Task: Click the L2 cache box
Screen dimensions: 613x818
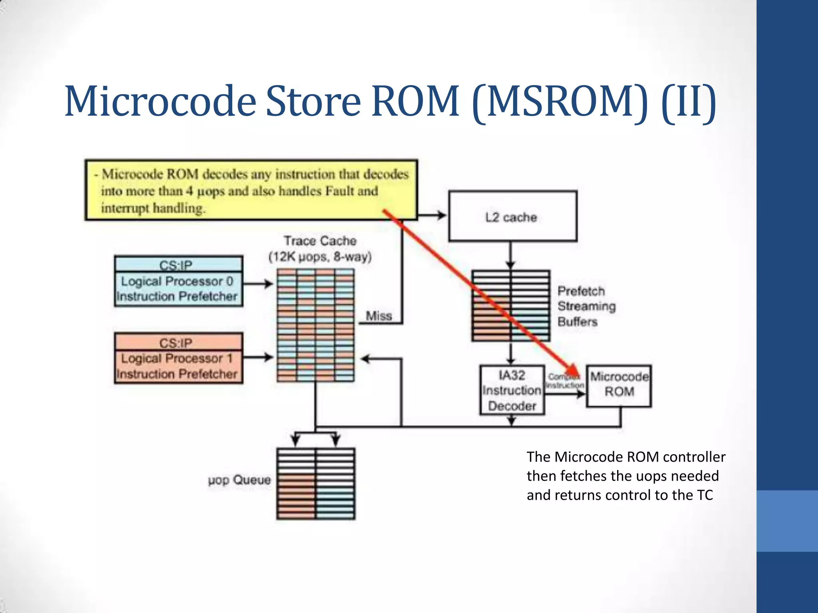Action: click(x=512, y=216)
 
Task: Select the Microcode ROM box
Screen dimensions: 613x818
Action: click(x=619, y=386)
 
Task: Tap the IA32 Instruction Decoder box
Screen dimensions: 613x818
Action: click(x=512, y=390)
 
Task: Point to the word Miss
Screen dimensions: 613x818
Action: click(x=379, y=316)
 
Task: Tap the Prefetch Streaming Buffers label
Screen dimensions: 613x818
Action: click(x=586, y=306)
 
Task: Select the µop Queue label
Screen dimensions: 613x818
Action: click(x=239, y=480)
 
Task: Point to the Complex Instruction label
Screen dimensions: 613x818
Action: click(x=564, y=381)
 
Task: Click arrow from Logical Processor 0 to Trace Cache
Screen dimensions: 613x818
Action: click(x=258, y=284)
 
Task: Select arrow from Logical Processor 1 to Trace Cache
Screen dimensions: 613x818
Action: click(x=258, y=357)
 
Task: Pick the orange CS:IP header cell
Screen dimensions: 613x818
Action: click(x=178, y=342)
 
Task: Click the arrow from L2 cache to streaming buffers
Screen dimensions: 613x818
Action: click(x=510, y=255)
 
